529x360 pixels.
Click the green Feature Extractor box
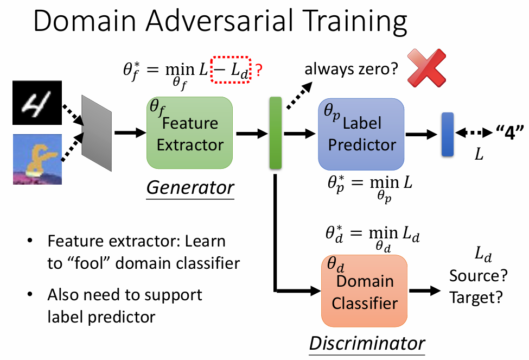(189, 133)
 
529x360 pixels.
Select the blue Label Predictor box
(361, 134)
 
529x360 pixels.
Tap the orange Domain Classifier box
(362, 291)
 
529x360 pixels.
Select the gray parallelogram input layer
(96, 133)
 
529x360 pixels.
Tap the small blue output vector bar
(448, 134)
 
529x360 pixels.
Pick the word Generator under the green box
(190, 188)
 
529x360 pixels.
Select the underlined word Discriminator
(367, 343)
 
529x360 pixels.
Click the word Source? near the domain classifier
(479, 276)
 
